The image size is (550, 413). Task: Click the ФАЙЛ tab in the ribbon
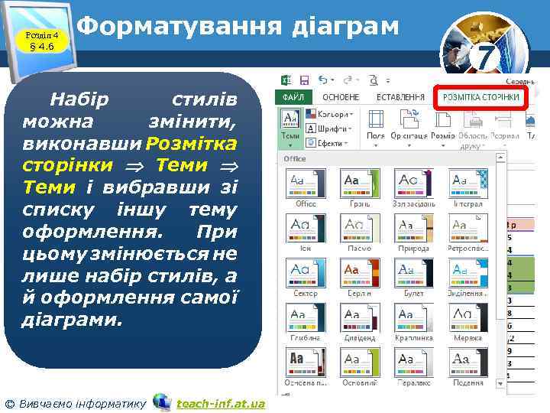point(293,98)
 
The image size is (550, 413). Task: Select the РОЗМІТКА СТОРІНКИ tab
point(481,98)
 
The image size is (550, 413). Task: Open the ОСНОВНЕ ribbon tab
point(340,98)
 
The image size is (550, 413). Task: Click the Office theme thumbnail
point(306,184)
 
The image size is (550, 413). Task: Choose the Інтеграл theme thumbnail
point(468,184)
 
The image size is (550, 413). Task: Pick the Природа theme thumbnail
point(414,228)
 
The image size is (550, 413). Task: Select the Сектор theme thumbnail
point(306,273)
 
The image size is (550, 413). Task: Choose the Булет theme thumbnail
point(414,273)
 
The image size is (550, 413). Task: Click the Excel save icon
point(304,80)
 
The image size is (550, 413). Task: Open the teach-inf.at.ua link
point(219,403)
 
